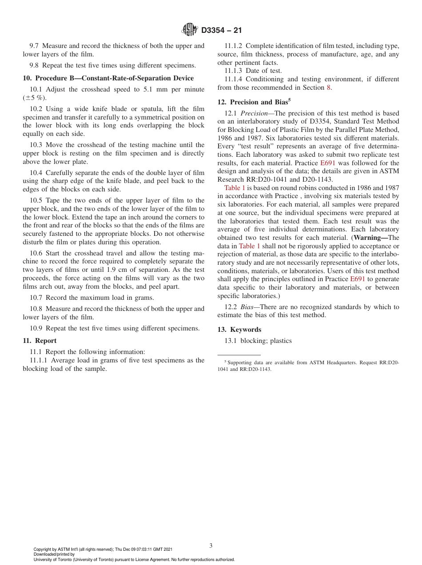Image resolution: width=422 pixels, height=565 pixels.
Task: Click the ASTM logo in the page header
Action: pos(190,30)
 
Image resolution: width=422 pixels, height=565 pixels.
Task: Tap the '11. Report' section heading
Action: pos(40,341)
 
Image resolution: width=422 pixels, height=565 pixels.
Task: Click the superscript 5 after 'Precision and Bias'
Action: pos(289,100)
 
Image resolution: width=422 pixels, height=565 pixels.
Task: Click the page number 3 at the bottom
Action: pos(211,545)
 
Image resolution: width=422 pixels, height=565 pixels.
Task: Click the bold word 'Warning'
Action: pos(370,238)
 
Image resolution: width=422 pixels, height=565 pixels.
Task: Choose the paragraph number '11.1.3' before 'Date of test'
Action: pos(234,71)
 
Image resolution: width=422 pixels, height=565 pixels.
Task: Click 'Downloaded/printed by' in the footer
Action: pos(54,554)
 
